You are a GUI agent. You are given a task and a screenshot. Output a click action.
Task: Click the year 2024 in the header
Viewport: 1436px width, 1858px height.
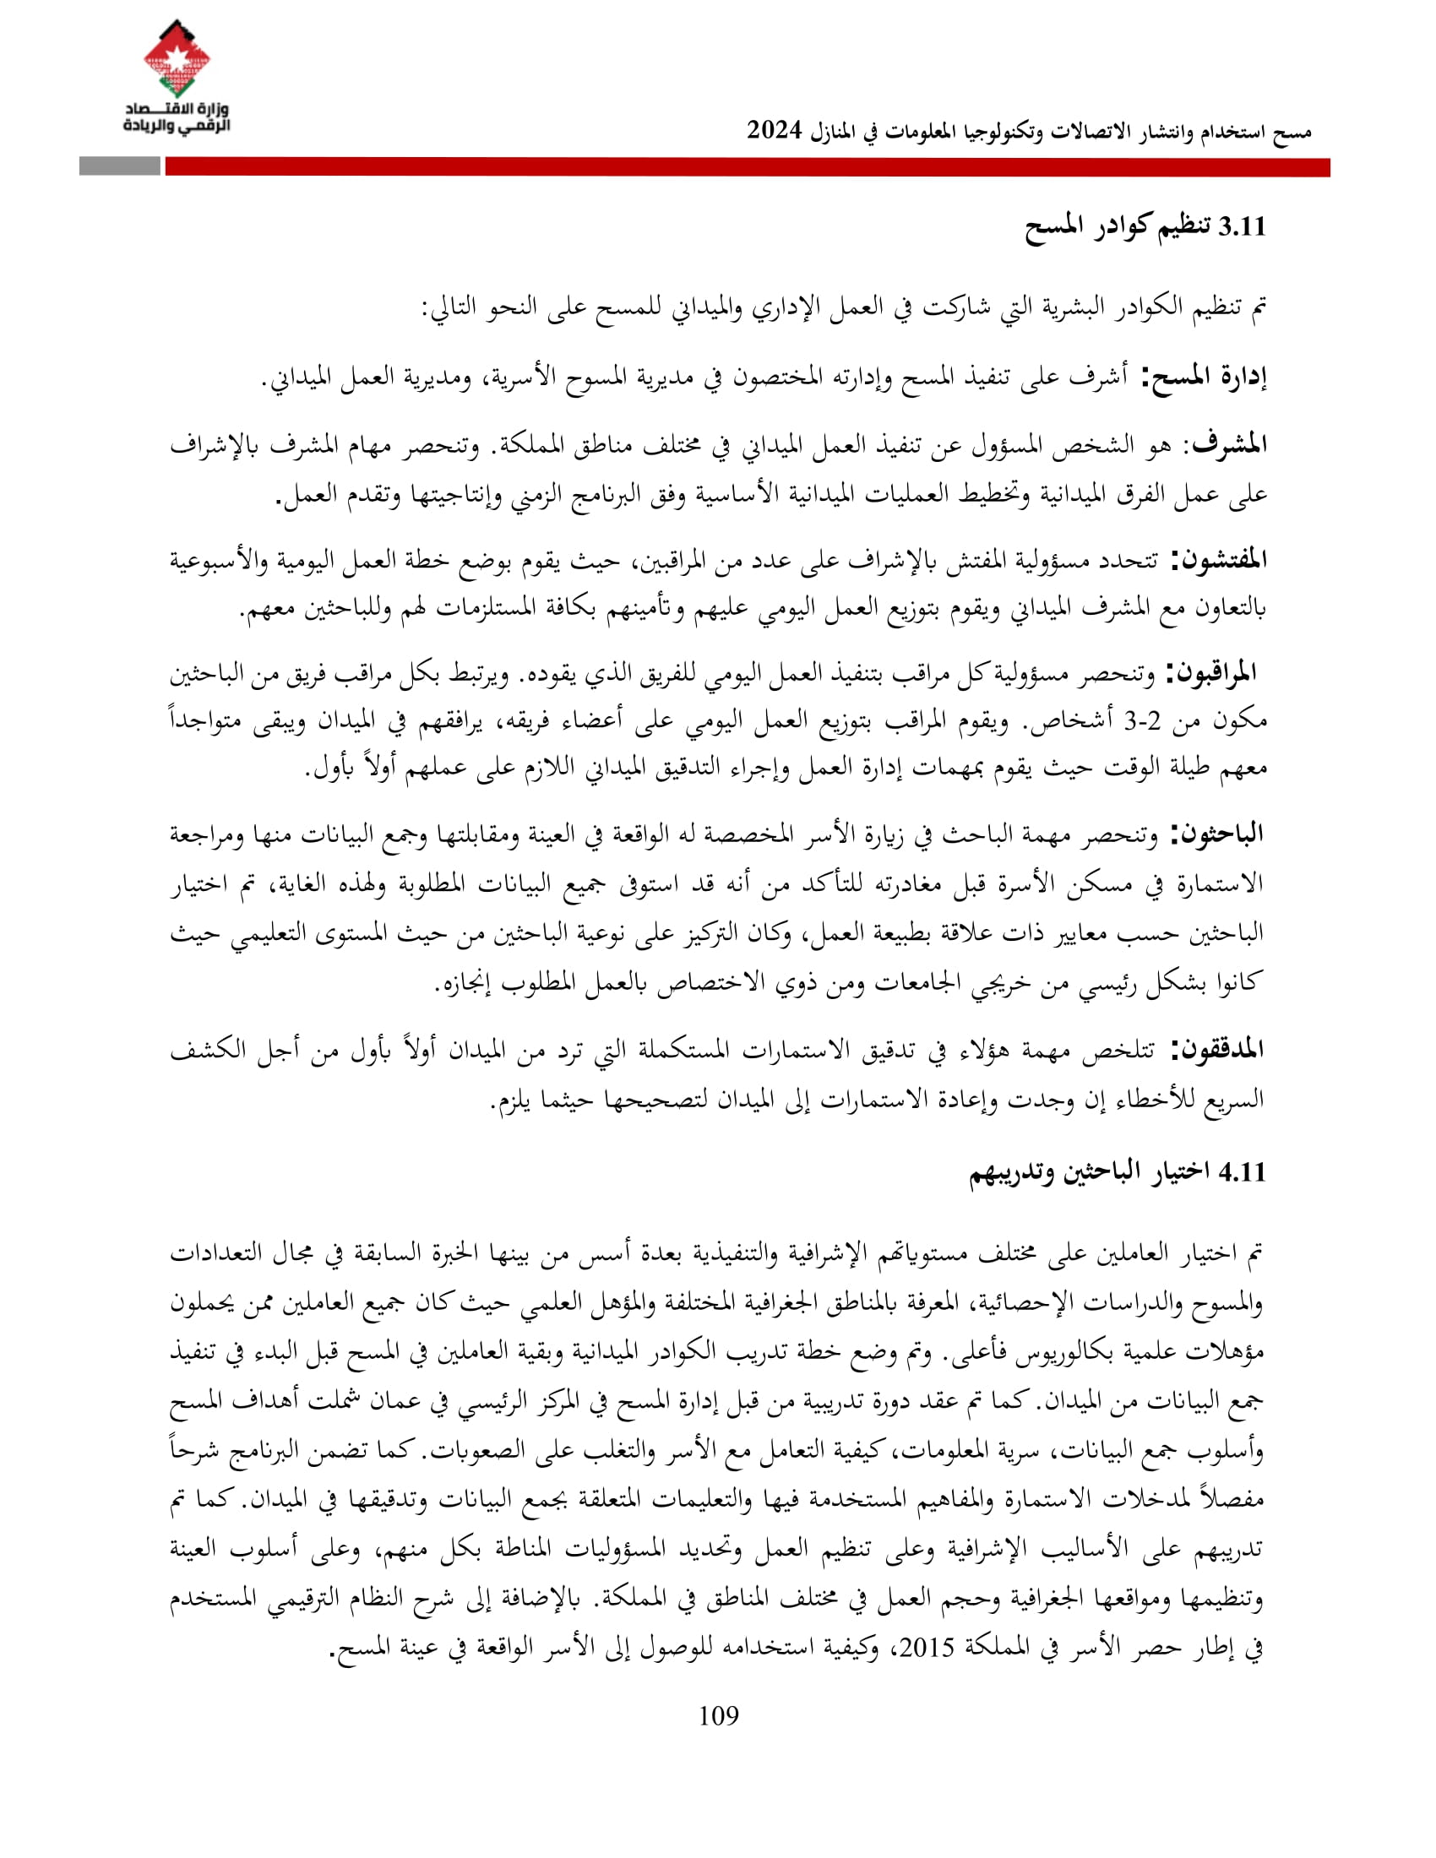tap(774, 130)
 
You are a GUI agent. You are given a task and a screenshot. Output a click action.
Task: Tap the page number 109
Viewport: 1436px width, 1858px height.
tap(718, 1716)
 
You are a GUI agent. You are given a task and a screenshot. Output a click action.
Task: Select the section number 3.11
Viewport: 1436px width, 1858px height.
tap(1242, 227)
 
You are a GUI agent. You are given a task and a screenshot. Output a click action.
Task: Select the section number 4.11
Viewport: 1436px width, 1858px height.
tap(1242, 1172)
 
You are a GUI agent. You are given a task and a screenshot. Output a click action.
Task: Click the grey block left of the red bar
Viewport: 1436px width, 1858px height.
tap(119, 166)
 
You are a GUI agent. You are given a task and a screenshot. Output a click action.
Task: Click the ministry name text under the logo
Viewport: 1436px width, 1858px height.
tap(177, 118)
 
